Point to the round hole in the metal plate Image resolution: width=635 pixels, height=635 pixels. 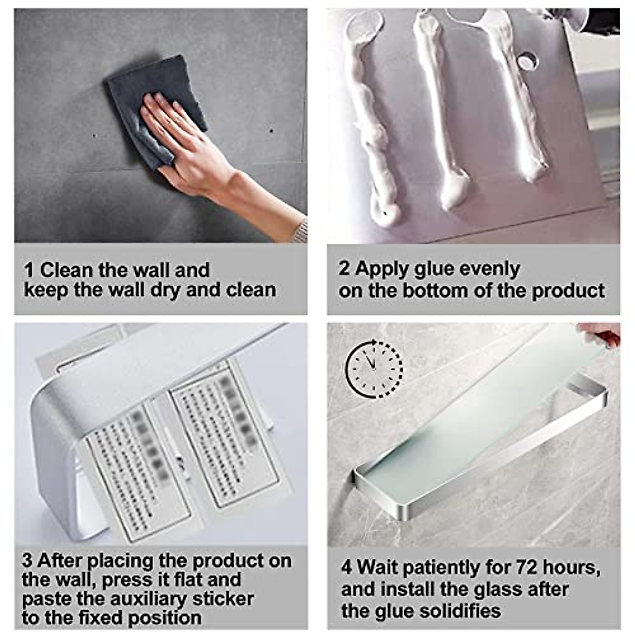point(527,61)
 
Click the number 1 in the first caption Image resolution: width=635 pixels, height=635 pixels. point(29,270)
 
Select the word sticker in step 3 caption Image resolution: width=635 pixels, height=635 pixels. point(223,598)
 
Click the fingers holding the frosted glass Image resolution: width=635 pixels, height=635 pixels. point(601,334)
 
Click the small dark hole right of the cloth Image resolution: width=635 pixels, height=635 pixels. point(271,130)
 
